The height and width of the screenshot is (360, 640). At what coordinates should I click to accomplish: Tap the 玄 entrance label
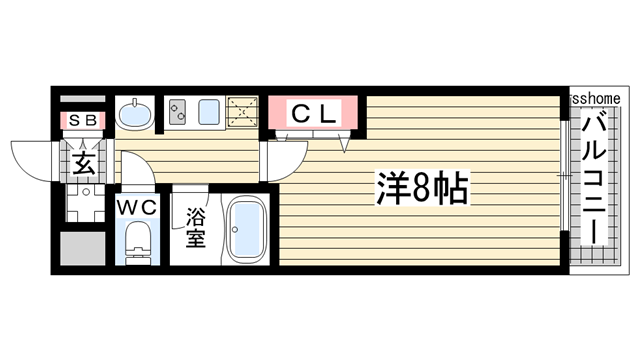[x=84, y=163]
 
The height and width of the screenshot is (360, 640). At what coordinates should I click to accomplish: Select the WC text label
[x=137, y=207]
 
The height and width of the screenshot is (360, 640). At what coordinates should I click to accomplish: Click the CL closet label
[x=313, y=113]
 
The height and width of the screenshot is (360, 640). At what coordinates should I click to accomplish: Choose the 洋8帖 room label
[x=421, y=187]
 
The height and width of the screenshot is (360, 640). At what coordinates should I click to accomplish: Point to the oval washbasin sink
[x=135, y=114]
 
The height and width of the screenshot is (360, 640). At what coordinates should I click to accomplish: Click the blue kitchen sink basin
[x=210, y=113]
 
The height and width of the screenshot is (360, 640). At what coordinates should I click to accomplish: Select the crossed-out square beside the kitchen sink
[x=243, y=113]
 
